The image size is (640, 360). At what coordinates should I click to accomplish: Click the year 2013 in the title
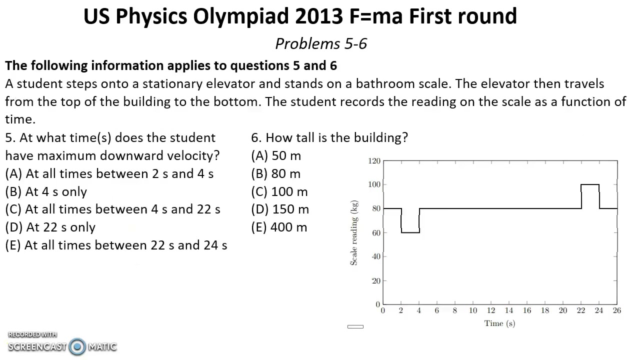[x=317, y=16]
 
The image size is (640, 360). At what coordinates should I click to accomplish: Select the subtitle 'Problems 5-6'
[x=321, y=44]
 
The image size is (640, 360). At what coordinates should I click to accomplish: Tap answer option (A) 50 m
[x=276, y=156]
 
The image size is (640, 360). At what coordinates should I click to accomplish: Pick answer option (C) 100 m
[x=279, y=192]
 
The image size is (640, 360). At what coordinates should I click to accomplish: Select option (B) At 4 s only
[x=46, y=192]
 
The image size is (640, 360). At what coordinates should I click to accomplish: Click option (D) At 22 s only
[x=50, y=227]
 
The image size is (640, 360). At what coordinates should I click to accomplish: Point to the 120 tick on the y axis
[x=374, y=161]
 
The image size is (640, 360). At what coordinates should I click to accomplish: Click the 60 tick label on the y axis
[x=376, y=232]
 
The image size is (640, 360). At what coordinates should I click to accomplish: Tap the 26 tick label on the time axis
[x=617, y=310]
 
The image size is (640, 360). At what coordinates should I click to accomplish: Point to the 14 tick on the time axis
[x=509, y=310]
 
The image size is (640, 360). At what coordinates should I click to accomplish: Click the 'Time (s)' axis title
[x=499, y=323]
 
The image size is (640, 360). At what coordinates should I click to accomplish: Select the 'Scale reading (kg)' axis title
[x=354, y=233]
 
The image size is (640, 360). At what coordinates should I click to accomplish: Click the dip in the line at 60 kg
[x=410, y=232]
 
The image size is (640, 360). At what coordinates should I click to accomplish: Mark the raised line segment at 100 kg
[x=590, y=185]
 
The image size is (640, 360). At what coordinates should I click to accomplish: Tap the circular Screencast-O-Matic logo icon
[x=77, y=346]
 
